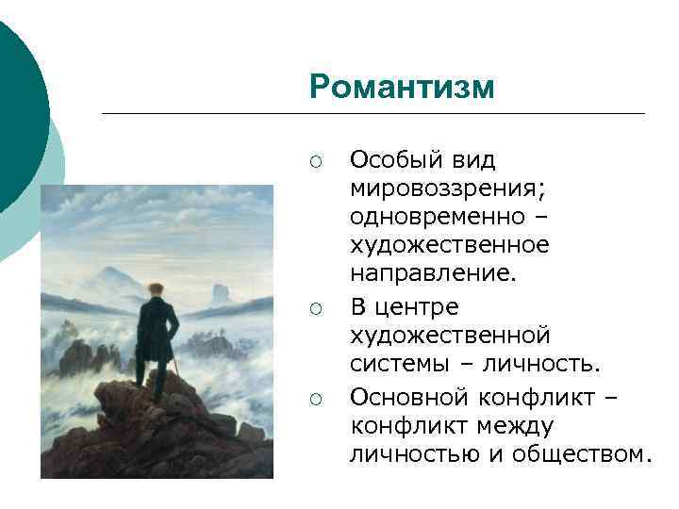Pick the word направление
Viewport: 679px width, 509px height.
pyautogui.click(x=434, y=273)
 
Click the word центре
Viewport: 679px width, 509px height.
pyautogui.click(x=419, y=306)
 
